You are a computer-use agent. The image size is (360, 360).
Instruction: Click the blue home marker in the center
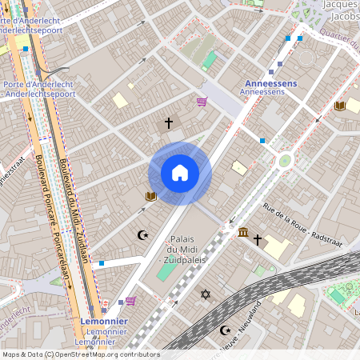[180, 173]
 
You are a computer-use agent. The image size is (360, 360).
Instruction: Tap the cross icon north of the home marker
[168, 123]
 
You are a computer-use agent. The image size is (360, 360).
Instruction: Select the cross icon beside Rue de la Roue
[258, 239]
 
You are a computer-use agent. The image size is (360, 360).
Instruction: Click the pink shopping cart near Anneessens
[202, 102]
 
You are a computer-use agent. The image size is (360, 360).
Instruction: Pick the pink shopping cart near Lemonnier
[130, 301]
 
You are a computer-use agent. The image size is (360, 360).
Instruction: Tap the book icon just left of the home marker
[150, 196]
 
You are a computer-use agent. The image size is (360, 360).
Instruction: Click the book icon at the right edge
[339, 106]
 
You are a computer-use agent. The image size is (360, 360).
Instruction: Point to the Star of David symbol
[205, 295]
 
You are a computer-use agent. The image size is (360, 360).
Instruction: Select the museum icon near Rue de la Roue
[242, 232]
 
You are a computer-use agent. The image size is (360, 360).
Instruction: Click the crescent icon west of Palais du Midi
[143, 235]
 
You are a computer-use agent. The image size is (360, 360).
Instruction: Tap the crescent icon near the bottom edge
[224, 330]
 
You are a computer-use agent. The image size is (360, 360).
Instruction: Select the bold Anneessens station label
[270, 82]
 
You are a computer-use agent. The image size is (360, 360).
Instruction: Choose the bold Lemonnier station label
[105, 321]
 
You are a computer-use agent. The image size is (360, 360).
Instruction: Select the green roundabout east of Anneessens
[285, 161]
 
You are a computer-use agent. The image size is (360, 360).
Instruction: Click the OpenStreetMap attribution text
[80, 354]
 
